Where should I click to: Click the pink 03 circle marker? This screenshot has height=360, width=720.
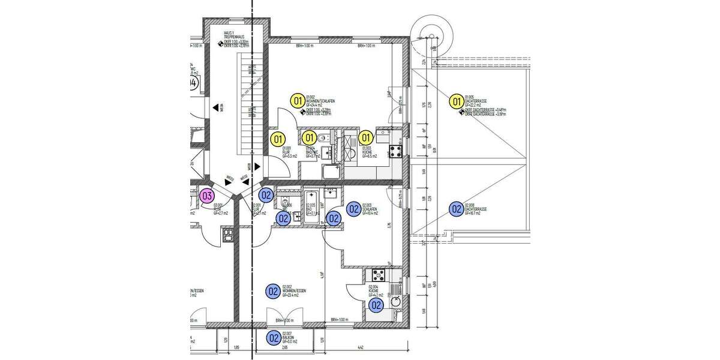[207, 195]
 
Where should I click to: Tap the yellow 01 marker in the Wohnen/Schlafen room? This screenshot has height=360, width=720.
[296, 100]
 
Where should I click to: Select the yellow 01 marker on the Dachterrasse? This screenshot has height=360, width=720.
[456, 101]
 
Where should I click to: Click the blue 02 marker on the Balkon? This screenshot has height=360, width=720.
[274, 338]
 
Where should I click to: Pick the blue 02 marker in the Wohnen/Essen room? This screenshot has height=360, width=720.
[274, 292]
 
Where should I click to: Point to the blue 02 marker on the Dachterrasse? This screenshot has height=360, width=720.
[456, 209]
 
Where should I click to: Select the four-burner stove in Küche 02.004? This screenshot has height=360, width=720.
[379, 276]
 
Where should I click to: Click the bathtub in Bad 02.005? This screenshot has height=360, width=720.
[313, 207]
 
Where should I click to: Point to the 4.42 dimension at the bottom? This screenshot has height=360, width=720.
[361, 347]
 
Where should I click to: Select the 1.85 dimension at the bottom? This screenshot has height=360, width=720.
[236, 347]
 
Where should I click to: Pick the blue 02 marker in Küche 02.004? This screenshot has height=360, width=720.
[376, 305]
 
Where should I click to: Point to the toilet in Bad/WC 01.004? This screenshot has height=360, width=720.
[325, 140]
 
